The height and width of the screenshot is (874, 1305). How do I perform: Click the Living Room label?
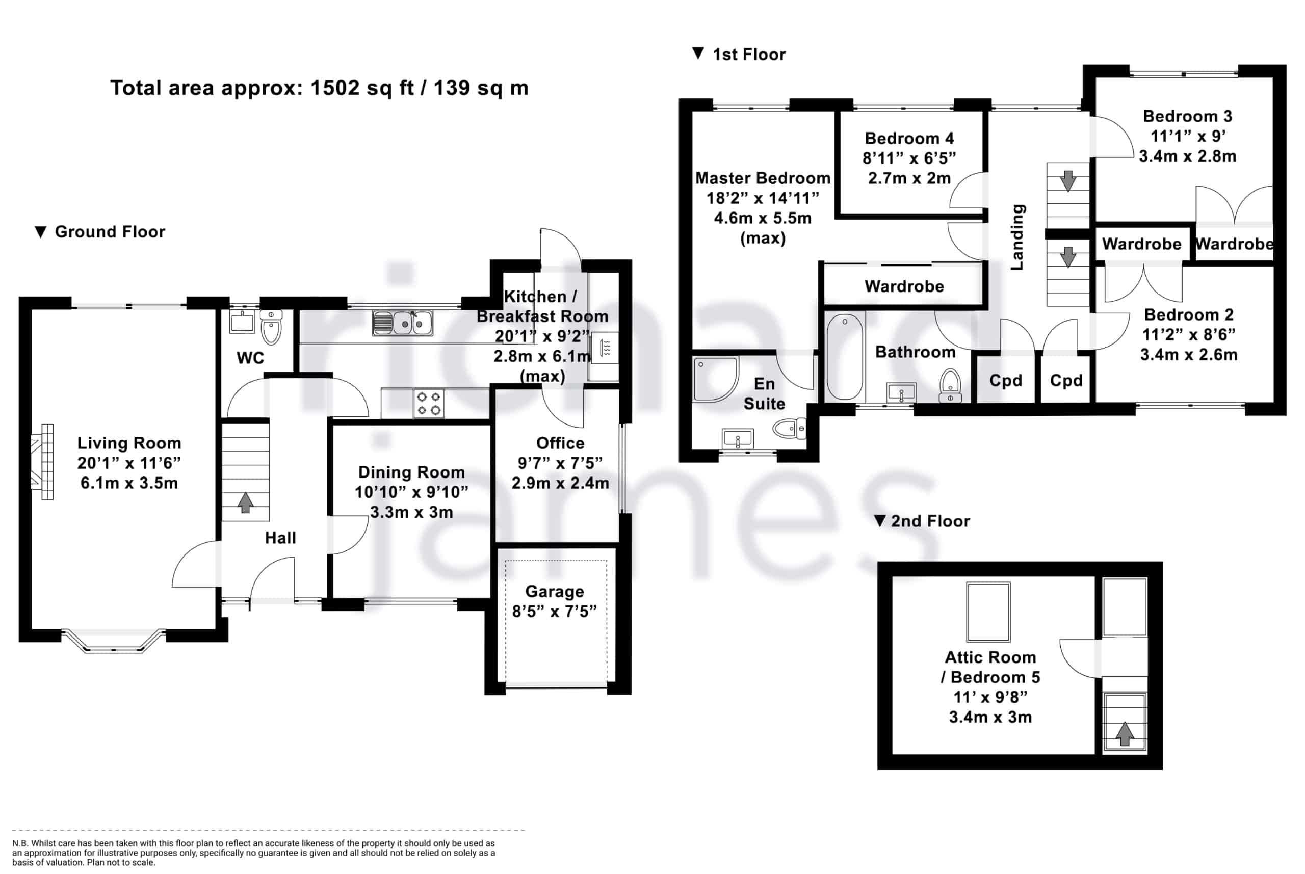click(x=129, y=443)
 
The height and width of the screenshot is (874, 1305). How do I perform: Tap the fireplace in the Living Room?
click(x=43, y=462)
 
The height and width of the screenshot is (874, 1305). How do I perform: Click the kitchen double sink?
click(x=403, y=323)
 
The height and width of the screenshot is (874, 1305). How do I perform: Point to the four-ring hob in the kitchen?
click(x=429, y=404)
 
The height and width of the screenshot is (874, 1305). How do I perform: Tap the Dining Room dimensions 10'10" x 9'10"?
click(x=411, y=492)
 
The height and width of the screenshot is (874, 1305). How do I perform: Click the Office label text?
click(x=560, y=443)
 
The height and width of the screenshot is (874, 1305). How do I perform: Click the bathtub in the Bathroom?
click(x=845, y=357)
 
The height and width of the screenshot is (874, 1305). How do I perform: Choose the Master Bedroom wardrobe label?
click(x=904, y=286)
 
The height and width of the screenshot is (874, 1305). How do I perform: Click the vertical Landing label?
click(x=1017, y=237)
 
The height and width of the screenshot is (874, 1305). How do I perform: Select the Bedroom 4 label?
click(x=909, y=138)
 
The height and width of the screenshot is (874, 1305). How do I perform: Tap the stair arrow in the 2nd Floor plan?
click(x=1125, y=733)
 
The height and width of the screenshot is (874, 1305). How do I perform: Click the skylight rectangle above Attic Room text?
click(x=988, y=613)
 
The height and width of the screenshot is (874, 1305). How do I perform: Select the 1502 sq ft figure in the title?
click(x=362, y=88)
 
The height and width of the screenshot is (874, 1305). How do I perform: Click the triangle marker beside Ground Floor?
click(x=40, y=232)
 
